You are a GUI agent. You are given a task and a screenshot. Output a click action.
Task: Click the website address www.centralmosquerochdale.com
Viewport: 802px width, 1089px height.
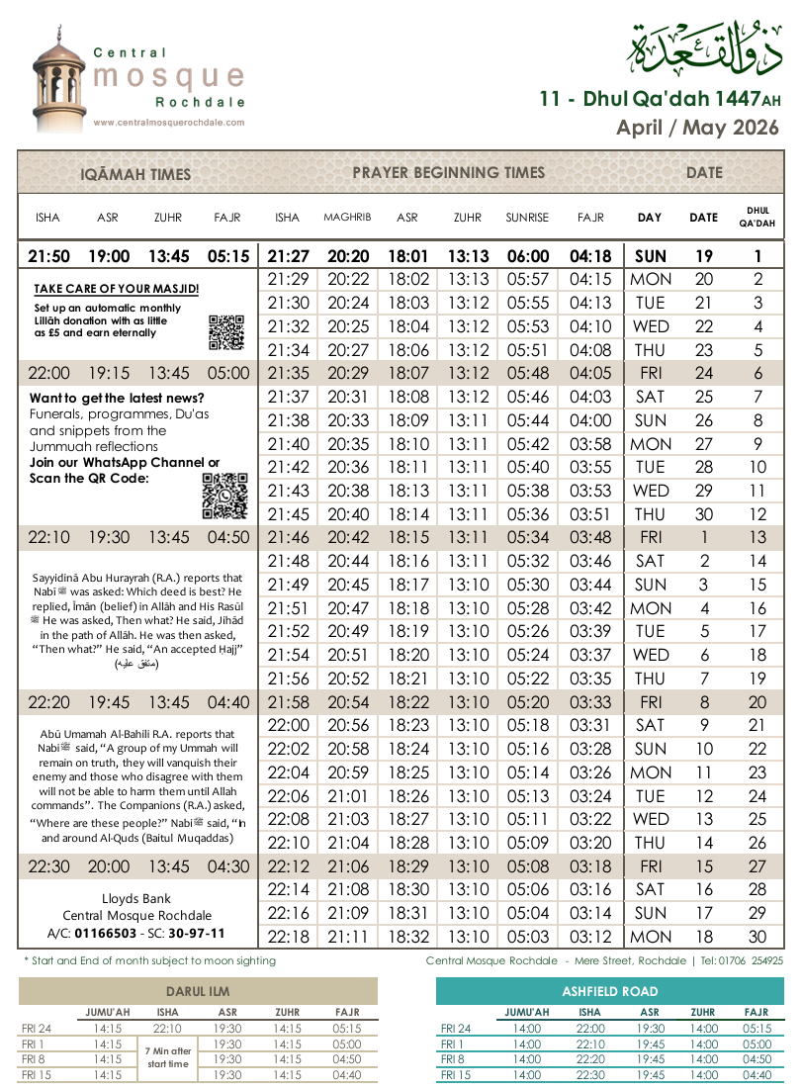pyautogui.click(x=168, y=123)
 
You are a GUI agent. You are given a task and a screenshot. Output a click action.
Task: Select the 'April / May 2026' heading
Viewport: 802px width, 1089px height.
pyautogui.click(x=697, y=128)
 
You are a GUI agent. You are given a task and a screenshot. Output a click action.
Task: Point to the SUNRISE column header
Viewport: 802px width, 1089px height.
pyautogui.click(x=528, y=218)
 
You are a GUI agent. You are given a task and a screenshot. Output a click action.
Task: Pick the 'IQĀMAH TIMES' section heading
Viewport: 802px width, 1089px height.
pyautogui.click(x=135, y=174)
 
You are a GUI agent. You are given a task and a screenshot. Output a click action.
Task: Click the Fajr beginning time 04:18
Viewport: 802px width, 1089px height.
pyautogui.click(x=590, y=256)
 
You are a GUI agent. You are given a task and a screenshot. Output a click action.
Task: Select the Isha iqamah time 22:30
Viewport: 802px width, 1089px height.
pyautogui.click(x=48, y=866)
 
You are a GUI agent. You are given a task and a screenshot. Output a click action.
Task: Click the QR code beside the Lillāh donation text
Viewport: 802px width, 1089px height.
pyautogui.click(x=225, y=333)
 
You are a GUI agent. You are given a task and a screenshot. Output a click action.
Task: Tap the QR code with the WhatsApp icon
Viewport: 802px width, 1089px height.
pyautogui.click(x=224, y=496)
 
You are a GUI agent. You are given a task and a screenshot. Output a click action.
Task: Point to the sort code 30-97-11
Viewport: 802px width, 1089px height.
pyautogui.click(x=199, y=934)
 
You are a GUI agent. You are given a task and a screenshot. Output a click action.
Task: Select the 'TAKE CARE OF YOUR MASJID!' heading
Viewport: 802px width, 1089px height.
pyautogui.click(x=117, y=289)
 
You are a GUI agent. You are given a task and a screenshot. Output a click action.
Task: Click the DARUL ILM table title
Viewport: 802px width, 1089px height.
pyautogui.click(x=198, y=991)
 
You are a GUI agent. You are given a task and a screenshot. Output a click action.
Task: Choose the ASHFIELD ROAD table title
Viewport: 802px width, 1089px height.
pyautogui.click(x=609, y=991)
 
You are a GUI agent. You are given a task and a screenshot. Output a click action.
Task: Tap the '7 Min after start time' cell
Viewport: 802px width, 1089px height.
pyautogui.click(x=168, y=1058)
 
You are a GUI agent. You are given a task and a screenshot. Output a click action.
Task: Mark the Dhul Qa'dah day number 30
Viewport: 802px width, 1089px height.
pyautogui.click(x=757, y=937)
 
